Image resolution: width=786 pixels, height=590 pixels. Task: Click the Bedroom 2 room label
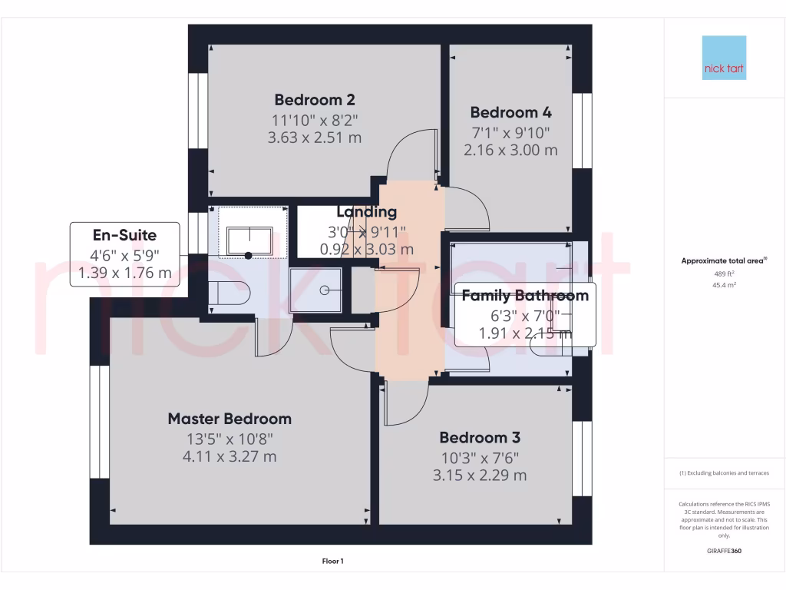(315, 100)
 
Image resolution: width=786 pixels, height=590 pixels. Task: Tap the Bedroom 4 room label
(510, 112)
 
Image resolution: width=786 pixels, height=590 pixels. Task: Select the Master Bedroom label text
(230, 419)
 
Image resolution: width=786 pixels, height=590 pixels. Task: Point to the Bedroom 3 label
(480, 438)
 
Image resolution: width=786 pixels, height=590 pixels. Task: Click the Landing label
(367, 212)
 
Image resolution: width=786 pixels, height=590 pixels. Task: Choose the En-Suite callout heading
(124, 236)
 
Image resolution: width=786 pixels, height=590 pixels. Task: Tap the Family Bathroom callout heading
(525, 296)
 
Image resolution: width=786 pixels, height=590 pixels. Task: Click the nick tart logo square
(724, 58)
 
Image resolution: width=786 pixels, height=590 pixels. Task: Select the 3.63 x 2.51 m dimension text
(315, 138)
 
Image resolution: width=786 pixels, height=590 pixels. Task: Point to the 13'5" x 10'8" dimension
(230, 439)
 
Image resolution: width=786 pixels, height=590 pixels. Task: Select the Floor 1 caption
(332, 562)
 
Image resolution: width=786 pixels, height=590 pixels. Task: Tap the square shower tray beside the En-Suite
(316, 290)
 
